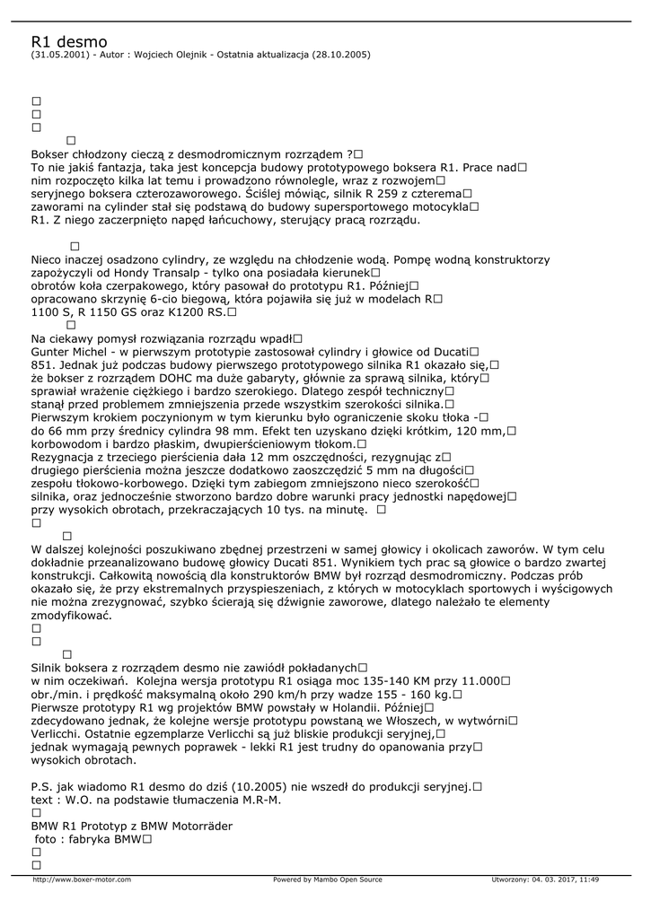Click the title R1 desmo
(69, 41)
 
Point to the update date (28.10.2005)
(341, 55)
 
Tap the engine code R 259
(371, 193)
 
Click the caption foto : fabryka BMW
(86, 839)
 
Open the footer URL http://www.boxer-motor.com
(82, 880)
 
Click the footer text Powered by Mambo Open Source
(327, 880)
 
